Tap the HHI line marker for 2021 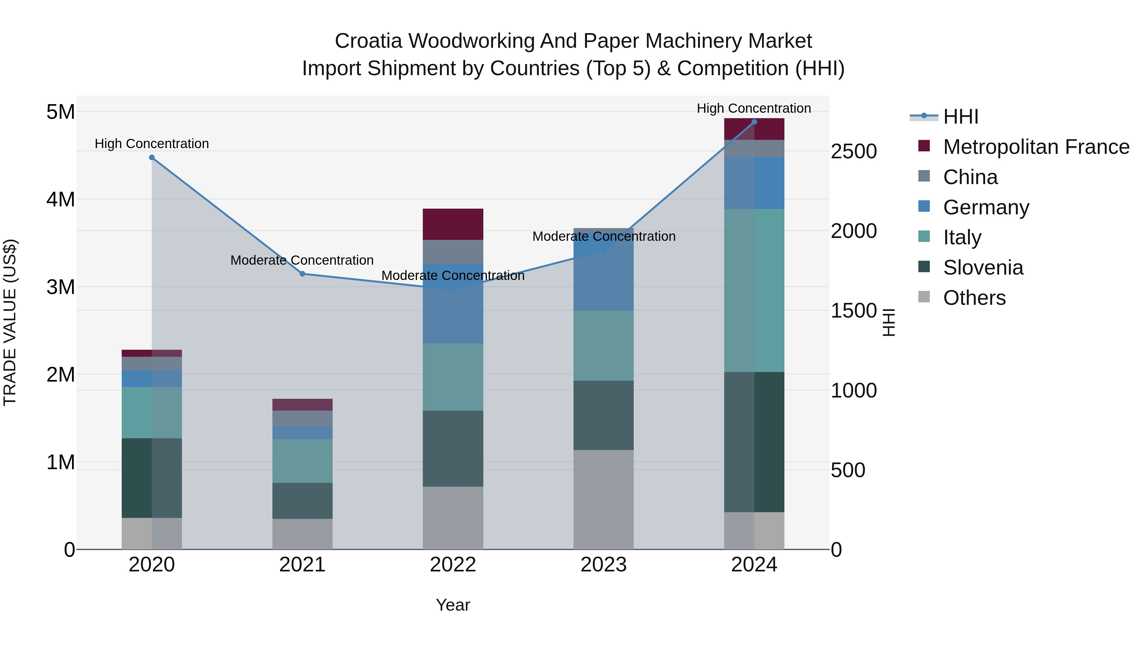tap(302, 274)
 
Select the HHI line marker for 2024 tap(754, 122)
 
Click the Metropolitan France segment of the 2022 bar tap(453, 224)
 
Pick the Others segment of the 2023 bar tap(603, 499)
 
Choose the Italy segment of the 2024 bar tap(754, 290)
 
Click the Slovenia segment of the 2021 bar tap(302, 501)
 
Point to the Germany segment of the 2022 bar tap(453, 304)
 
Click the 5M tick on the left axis tap(61, 112)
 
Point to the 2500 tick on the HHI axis tap(854, 151)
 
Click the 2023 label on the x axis tap(603, 565)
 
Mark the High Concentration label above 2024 tap(754, 108)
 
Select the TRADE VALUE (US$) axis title tap(10, 322)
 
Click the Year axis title tap(453, 605)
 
